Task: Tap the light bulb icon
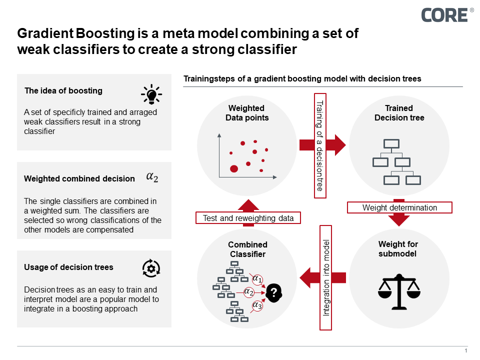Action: click(x=151, y=93)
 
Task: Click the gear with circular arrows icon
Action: click(x=150, y=268)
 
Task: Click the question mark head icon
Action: click(x=273, y=292)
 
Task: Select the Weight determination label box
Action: click(x=399, y=207)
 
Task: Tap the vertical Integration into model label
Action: click(x=326, y=277)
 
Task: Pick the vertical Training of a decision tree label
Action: click(x=320, y=145)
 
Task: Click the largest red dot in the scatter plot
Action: click(x=233, y=168)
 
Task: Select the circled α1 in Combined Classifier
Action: click(x=257, y=279)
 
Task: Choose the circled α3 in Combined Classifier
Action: click(x=257, y=305)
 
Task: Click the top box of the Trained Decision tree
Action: click(x=391, y=144)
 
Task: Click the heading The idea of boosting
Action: click(x=63, y=91)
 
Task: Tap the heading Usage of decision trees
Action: click(x=68, y=267)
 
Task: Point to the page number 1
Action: click(x=466, y=350)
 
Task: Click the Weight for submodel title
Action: click(x=398, y=249)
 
